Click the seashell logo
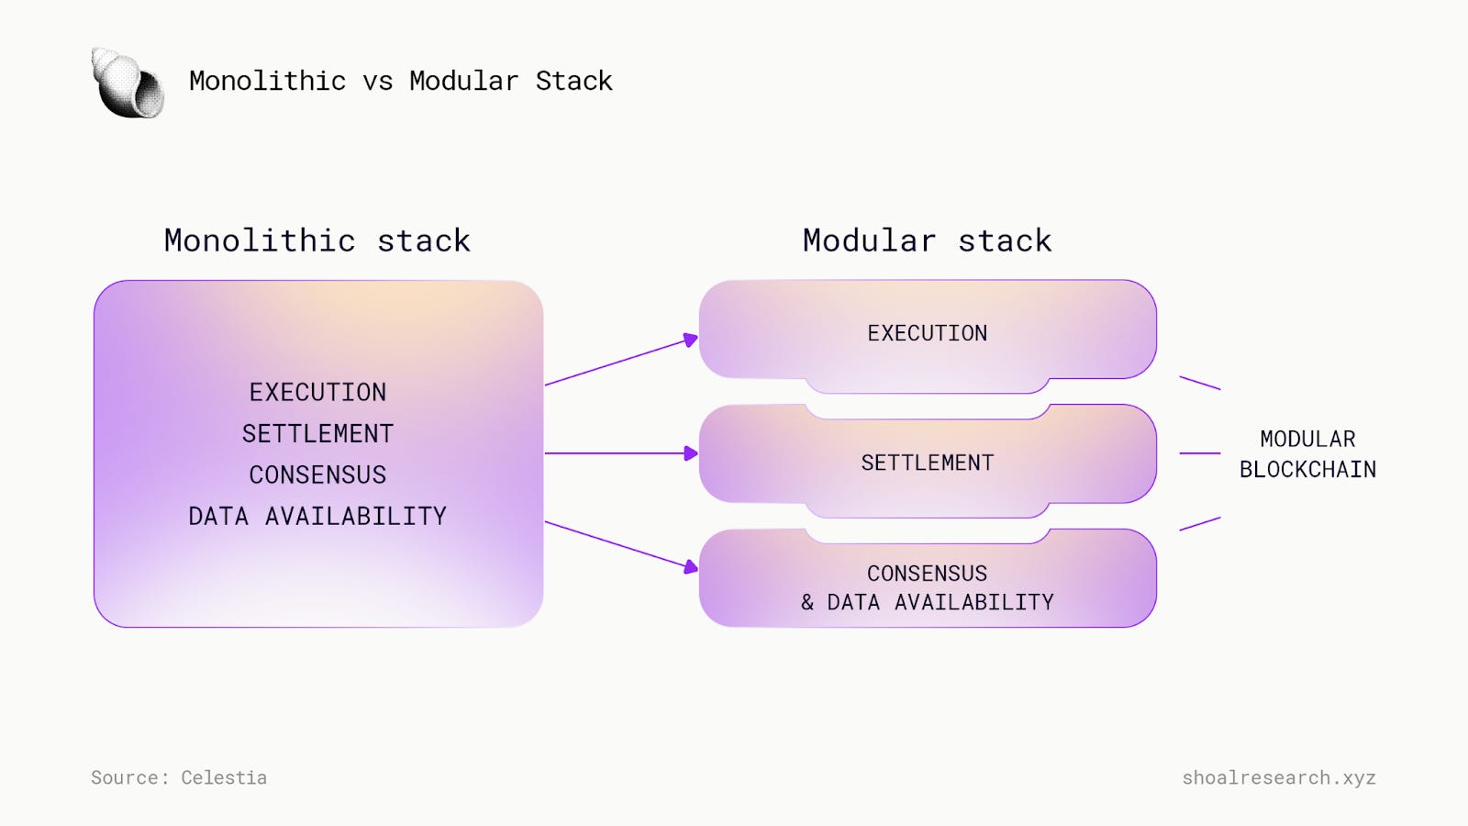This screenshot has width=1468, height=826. click(128, 84)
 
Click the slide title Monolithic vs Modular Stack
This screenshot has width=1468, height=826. click(400, 81)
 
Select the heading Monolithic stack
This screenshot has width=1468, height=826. click(317, 240)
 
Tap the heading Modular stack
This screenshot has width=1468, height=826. click(927, 240)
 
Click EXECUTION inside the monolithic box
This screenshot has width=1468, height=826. click(317, 393)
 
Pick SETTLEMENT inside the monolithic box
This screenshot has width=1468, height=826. click(317, 434)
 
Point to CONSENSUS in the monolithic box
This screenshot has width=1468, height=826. click(317, 475)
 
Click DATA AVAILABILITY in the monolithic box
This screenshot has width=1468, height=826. click(317, 517)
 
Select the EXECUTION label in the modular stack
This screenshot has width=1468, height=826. click(927, 333)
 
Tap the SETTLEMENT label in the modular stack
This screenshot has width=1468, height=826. click(927, 463)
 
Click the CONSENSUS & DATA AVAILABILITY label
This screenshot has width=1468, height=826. click(927, 587)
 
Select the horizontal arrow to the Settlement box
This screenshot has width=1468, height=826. click(620, 453)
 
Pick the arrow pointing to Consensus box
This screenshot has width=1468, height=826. click(620, 545)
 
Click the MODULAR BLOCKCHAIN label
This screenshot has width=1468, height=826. click(1307, 454)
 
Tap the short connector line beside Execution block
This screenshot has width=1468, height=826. click(1199, 383)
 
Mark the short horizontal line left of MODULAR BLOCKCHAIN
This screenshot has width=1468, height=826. click(1199, 453)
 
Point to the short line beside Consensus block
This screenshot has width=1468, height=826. click(1199, 524)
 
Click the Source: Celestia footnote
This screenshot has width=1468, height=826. click(179, 777)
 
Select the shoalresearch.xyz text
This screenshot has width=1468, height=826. click(1278, 777)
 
